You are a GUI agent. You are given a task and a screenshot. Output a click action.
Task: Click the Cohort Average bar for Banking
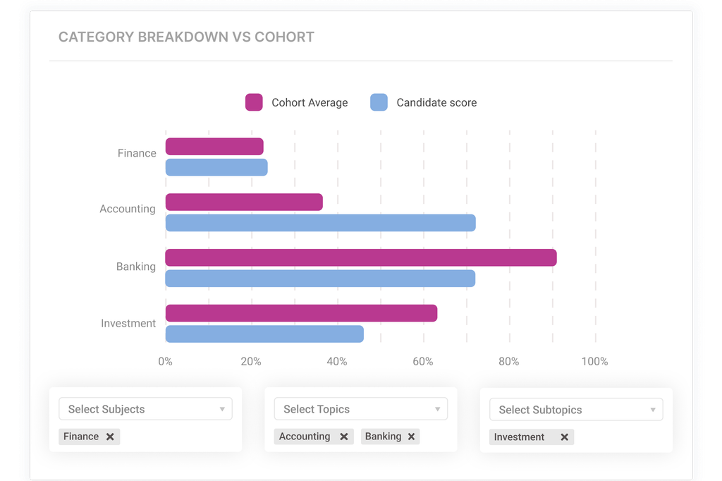360,257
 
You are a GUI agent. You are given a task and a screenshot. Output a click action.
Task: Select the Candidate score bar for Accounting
320,223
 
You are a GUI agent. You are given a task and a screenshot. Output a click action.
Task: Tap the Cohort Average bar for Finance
214,147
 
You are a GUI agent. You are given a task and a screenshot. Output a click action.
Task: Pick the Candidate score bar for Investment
264,334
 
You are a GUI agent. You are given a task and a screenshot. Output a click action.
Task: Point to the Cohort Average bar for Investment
301,313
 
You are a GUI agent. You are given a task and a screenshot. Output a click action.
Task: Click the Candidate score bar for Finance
216,167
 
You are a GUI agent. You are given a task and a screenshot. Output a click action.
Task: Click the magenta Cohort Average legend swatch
254,102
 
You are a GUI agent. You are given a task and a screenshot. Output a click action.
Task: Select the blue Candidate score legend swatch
379,102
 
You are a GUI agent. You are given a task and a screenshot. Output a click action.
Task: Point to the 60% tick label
423,362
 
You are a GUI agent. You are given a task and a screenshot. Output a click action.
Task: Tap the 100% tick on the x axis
594,362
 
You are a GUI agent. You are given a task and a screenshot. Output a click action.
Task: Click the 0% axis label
165,362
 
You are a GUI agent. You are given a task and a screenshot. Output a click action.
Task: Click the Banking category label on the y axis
135,267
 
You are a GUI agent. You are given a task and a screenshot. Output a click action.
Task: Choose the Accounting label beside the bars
127,209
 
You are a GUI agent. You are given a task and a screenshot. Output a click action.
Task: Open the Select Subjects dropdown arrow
222,409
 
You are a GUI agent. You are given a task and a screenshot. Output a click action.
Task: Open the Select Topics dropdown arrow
437,409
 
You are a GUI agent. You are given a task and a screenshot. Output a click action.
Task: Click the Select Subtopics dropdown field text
540,410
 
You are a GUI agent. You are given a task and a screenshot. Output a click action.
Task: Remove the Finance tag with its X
110,437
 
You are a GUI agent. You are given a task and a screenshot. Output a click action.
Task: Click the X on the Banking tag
411,437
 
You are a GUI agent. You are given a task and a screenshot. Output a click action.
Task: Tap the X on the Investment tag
564,437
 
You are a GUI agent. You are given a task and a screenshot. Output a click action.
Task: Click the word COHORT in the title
284,37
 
